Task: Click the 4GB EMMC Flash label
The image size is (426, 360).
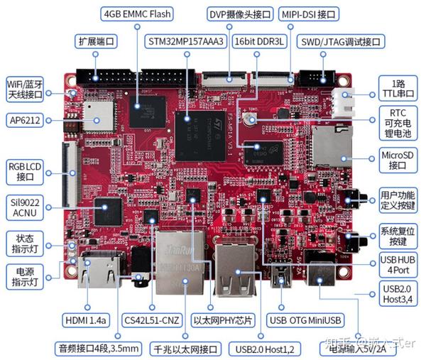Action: point(138,14)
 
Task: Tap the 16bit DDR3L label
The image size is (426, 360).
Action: point(261,41)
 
